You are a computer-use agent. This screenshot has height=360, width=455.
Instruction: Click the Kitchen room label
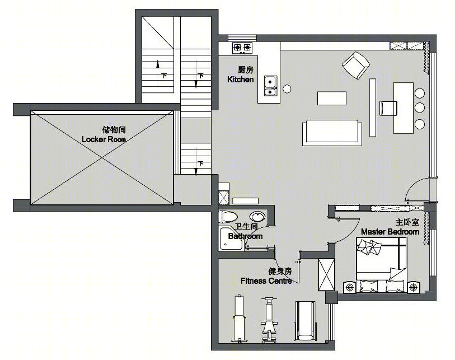(240, 80)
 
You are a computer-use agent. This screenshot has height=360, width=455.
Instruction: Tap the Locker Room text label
(104, 139)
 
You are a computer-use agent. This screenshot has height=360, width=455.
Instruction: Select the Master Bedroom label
(390, 232)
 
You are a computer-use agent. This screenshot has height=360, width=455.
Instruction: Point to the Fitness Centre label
(266, 280)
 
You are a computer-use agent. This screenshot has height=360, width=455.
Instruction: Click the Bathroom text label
(246, 236)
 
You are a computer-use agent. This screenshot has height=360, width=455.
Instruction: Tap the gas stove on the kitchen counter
(242, 48)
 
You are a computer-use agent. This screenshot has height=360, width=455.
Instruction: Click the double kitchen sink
(270, 86)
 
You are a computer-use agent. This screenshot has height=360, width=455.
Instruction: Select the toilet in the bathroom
(229, 217)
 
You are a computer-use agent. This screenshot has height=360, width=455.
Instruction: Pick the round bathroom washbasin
(257, 216)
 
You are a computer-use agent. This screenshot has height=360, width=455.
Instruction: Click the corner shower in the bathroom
(231, 239)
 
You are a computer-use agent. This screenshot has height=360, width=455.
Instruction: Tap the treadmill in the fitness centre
(304, 321)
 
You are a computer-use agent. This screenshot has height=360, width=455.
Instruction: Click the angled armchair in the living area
(356, 66)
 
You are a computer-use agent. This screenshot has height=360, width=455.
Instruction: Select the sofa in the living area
(332, 132)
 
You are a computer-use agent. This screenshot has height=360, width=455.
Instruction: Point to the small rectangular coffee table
(332, 98)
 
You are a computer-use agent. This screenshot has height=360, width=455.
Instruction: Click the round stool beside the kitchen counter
(287, 89)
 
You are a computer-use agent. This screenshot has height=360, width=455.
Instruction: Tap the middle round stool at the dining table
(420, 107)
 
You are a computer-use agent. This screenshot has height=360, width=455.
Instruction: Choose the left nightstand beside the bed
(350, 287)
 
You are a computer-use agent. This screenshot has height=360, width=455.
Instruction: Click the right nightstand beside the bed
(413, 287)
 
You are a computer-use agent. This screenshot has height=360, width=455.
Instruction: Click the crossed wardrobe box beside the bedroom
(326, 275)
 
